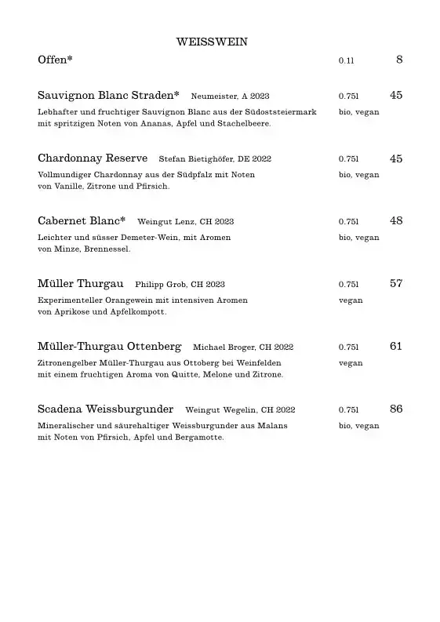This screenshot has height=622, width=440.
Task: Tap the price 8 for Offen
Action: point(399,60)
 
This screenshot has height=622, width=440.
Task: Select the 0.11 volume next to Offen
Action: point(347,60)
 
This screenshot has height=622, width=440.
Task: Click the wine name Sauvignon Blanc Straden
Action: point(108,95)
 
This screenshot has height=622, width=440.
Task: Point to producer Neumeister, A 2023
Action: point(230,96)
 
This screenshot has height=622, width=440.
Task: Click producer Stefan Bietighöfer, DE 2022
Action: point(214,159)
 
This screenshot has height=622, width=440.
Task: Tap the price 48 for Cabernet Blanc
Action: point(396,221)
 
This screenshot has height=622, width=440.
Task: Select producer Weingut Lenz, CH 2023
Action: point(185,222)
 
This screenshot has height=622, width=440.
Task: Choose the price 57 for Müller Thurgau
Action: point(396,284)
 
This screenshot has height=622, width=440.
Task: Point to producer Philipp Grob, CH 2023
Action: point(180,285)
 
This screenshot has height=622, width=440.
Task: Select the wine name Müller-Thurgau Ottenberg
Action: point(109,347)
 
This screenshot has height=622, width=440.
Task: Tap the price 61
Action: point(396,347)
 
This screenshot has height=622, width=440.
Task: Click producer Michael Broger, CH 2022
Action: point(243,347)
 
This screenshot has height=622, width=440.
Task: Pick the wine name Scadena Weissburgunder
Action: point(105,409)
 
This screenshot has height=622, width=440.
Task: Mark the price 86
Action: point(396,409)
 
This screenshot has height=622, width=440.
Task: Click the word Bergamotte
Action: point(199,438)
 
